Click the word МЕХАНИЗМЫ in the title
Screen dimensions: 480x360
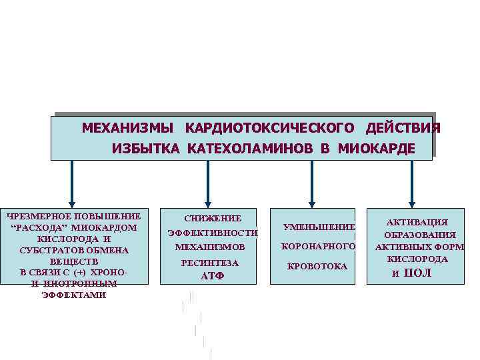point(127,127)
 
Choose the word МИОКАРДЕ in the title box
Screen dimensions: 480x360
point(376,148)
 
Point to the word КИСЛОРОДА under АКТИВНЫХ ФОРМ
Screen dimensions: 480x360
point(418,259)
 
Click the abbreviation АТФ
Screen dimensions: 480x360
point(213,276)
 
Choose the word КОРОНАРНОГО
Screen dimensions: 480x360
point(318,247)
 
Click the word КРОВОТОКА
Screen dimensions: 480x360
point(317,267)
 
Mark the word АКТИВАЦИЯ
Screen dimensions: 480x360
point(418,222)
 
